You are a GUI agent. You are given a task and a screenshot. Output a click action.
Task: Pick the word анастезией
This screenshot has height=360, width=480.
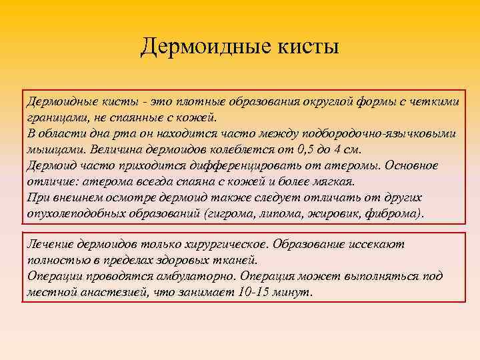pyautogui.click(x=113, y=292)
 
